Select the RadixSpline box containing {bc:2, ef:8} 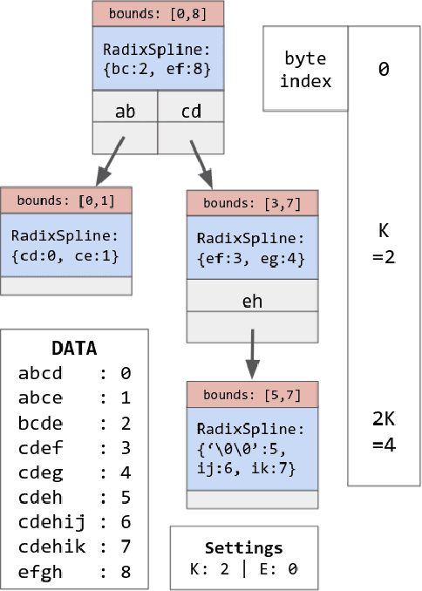pos(157,58)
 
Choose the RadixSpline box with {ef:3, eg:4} pos(250,248)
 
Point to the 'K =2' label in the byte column pos(384,245)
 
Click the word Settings pos(244,548)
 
